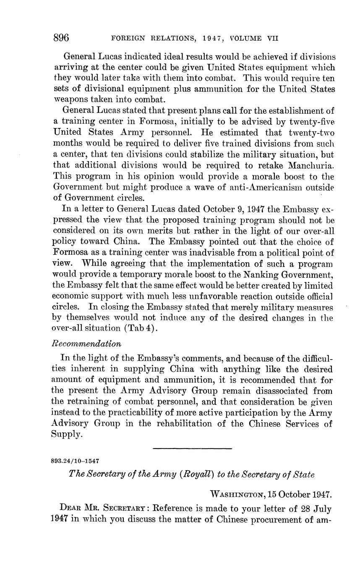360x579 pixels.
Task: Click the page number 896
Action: click(x=61, y=38)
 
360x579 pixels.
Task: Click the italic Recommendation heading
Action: click(x=86, y=343)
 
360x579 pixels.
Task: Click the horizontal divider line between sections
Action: click(x=193, y=449)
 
